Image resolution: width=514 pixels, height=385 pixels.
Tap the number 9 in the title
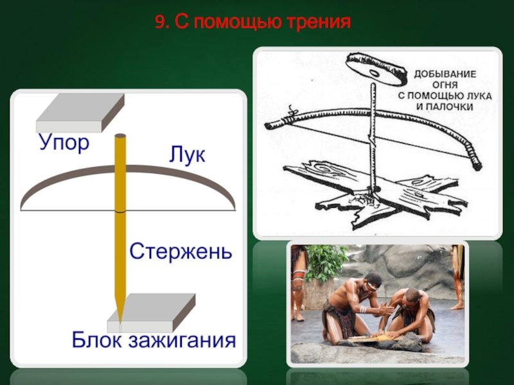tap(159, 22)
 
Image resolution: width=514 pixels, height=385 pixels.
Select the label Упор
tap(64, 143)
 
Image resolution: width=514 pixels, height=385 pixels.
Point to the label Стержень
tap(181, 251)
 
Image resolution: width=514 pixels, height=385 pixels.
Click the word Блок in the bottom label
tap(97, 339)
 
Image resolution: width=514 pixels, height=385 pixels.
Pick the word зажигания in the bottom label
tap(182, 341)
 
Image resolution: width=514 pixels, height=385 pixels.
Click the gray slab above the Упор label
tap(80, 113)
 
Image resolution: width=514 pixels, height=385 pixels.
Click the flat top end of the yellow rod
tap(120, 135)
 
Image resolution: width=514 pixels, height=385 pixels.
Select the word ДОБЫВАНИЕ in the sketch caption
tap(445, 74)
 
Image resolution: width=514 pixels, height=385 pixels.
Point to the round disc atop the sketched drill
tap(377, 69)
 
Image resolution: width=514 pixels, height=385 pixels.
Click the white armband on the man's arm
tap(363, 309)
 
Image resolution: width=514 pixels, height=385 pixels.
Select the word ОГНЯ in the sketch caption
tap(445, 85)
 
